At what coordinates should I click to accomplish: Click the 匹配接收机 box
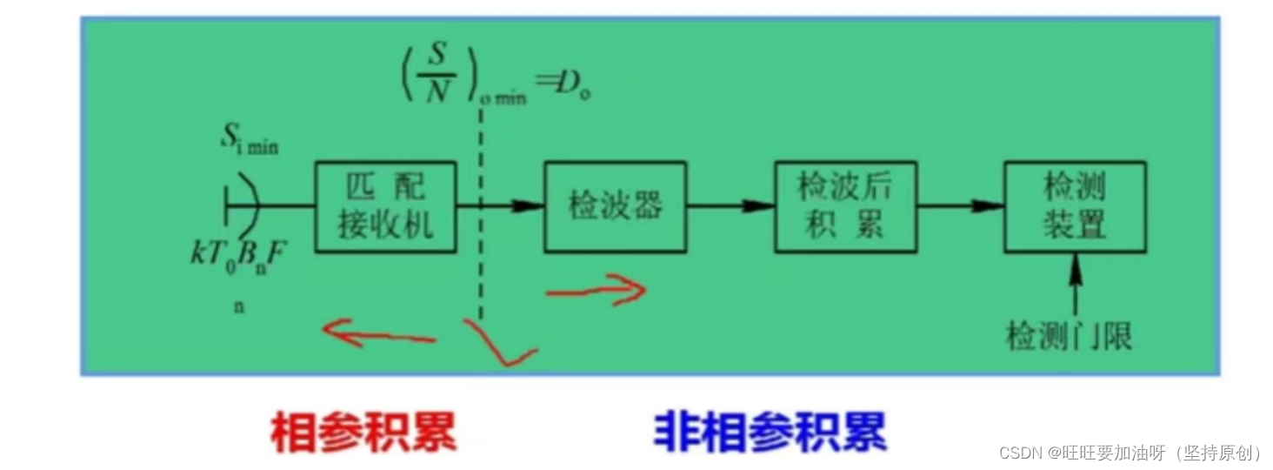[x=385, y=206]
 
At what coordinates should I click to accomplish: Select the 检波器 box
[x=615, y=206]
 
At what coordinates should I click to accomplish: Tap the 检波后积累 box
[x=844, y=206]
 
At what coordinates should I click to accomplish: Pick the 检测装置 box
[x=1074, y=206]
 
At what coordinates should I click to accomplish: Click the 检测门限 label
[x=1069, y=335]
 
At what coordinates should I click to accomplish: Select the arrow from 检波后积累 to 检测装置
[x=960, y=206]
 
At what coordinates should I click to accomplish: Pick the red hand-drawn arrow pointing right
[x=597, y=291]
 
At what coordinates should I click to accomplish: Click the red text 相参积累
[x=363, y=432]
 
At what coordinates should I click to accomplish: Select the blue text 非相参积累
[x=770, y=432]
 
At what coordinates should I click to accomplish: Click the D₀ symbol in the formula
[x=576, y=89]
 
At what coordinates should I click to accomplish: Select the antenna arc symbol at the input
[x=244, y=206]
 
